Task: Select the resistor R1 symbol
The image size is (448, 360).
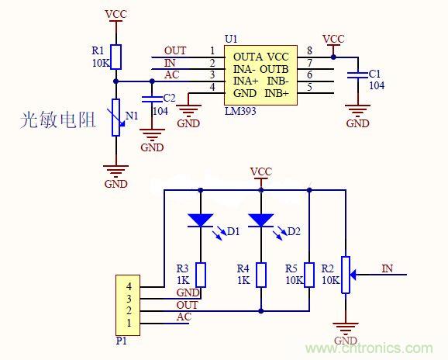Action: pyautogui.click(x=115, y=57)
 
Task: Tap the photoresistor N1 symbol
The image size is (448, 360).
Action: pyautogui.click(x=115, y=117)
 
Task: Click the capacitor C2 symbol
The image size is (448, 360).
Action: pyautogui.click(x=149, y=99)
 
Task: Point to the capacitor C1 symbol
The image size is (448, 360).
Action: pyautogui.click(x=357, y=74)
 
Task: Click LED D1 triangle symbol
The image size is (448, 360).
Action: pyautogui.click(x=200, y=220)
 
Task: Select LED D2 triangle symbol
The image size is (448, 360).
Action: pyautogui.click(x=260, y=220)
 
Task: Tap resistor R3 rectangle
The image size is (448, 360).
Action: pyautogui.click(x=200, y=275)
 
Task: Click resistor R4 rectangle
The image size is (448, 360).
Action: pyautogui.click(x=260, y=275)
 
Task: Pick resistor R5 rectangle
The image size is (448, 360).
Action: pyautogui.click(x=308, y=275)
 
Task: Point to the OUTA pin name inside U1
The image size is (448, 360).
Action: pyautogui.click(x=247, y=57)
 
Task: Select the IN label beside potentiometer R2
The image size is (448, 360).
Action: pyautogui.click(x=388, y=268)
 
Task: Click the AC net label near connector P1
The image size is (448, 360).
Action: pyautogui.click(x=183, y=317)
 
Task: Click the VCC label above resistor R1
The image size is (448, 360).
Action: pyautogui.click(x=115, y=14)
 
